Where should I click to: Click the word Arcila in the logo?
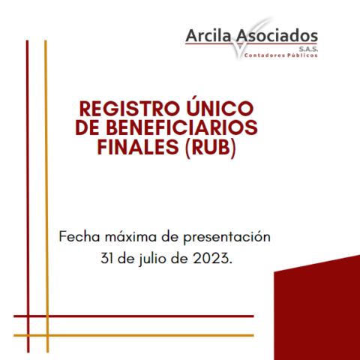pyautogui.click(x=208, y=35)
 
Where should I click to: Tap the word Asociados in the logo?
pyautogui.click(x=277, y=35)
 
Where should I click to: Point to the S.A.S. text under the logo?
pyautogui.click(x=309, y=49)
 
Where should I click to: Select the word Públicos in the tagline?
pyautogui.click(x=302, y=55)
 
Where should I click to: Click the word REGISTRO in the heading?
pyautogui.click(x=130, y=109)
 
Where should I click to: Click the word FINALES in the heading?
pyautogui.click(x=138, y=147)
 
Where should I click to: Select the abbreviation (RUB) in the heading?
pyautogui.click(x=210, y=148)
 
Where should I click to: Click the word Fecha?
pyautogui.click(x=79, y=236)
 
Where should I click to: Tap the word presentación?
pyautogui.click(x=227, y=237)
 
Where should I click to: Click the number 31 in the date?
pyautogui.click(x=106, y=258)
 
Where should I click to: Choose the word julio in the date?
pyautogui.click(x=152, y=259)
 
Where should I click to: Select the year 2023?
pyautogui.click(x=212, y=258)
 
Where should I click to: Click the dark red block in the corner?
pyautogui.click(x=317, y=310)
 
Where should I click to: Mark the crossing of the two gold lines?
pyautogui.click(x=46, y=335)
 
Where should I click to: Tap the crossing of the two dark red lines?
pyautogui.click(x=28, y=316)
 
